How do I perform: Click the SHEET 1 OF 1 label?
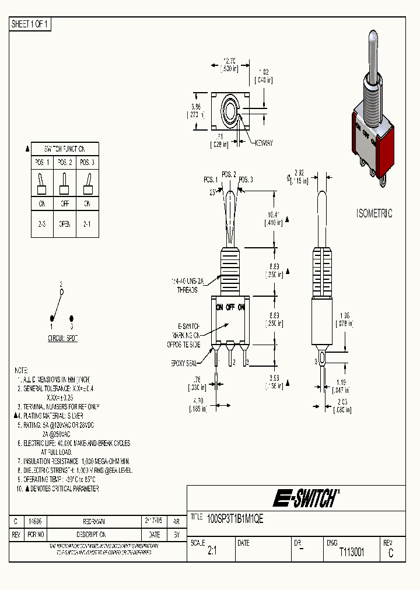coord(31,24)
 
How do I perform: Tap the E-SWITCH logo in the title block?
coord(305,498)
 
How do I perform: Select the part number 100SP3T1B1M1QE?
coord(236,518)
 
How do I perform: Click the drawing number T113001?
coord(352,552)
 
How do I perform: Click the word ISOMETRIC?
coord(374,213)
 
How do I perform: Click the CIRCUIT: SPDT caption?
coord(62,338)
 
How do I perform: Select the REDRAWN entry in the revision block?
coord(94,522)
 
